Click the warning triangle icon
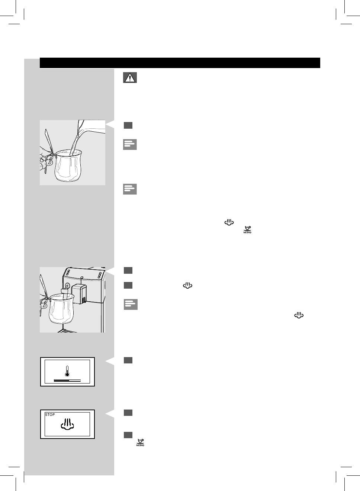[130, 77]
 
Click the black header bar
[180, 63]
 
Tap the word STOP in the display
[50, 414]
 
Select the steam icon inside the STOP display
[67, 424]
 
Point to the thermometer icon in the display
[67, 371]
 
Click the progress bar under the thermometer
[67, 381]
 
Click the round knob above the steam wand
[67, 286]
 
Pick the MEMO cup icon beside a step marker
[140, 442]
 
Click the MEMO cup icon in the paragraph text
[247, 230]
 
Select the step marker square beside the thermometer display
[128, 360]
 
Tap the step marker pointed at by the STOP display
[128, 413]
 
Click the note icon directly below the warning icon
[130, 144]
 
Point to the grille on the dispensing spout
[84, 299]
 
